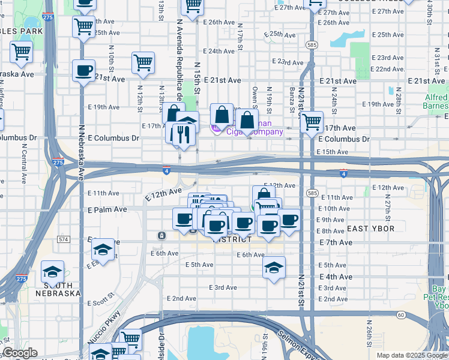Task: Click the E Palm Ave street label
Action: tap(107, 209)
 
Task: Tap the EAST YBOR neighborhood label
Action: tap(370, 229)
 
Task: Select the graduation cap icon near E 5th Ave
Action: tap(274, 267)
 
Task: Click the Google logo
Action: tap(20, 353)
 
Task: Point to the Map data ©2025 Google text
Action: tap(411, 355)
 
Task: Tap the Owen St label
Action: tap(255, 95)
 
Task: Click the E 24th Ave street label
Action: tap(219, 52)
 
